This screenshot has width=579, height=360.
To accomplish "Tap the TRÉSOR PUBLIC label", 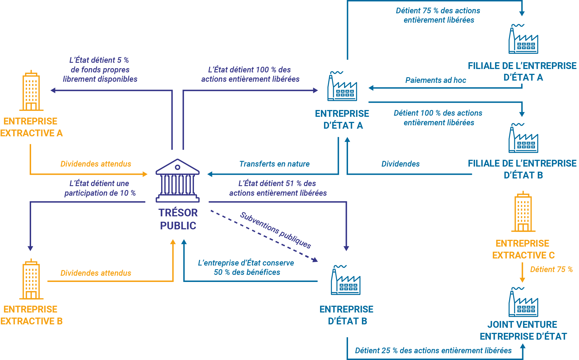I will click(178, 219).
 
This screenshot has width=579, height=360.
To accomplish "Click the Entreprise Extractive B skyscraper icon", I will click(31, 279).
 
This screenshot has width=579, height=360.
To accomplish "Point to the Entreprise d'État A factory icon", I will click(342, 86).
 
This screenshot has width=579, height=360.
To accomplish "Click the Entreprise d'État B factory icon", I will click(345, 280).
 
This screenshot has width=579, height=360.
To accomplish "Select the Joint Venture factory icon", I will click(523, 302).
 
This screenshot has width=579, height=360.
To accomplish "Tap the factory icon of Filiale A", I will click(523, 39).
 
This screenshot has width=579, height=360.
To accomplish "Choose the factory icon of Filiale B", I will click(523, 138).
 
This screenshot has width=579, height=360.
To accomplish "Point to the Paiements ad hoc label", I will click(435, 80).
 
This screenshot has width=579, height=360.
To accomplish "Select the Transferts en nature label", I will click(274, 164).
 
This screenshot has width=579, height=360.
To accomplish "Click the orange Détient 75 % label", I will click(551, 270).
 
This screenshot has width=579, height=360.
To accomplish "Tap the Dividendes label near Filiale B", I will click(400, 164).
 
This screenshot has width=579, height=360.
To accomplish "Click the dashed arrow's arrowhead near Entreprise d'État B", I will click(315, 260).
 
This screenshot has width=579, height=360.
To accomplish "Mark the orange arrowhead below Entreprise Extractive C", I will click(522, 280).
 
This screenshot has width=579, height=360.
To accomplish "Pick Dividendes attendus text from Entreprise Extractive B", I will click(96, 273).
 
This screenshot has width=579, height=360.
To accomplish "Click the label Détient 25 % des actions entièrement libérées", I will click(433, 351).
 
